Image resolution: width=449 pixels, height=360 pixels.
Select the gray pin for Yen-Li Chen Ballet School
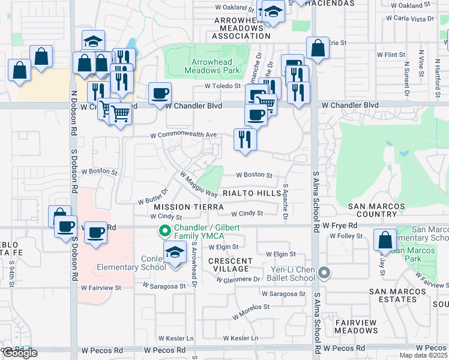coord(325,274)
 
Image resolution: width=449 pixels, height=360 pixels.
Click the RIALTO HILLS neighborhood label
coord(252,194)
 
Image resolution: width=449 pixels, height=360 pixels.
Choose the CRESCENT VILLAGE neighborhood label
coord(231,265)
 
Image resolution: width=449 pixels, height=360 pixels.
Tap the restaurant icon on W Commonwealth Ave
coord(245,140)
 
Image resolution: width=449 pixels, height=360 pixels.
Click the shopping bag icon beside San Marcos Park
coord(385,240)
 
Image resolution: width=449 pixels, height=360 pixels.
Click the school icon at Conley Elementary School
coord(175,253)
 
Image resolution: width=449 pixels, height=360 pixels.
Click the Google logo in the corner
coord(20,353)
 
